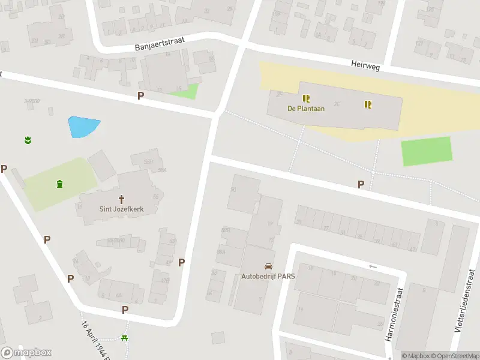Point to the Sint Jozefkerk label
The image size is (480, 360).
click(121, 209)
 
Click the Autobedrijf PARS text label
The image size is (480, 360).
click(268, 277)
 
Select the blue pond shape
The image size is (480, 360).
click(82, 126)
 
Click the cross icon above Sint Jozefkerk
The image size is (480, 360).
click(121, 199)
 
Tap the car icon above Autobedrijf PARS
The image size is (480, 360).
click(268, 266)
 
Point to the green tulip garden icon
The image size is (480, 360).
click(27, 140)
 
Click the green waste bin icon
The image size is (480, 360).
click(59, 184)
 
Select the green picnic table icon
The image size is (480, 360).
click(125, 338)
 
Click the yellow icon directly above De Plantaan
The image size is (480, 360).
click(306, 98)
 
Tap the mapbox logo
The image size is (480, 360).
click(26, 352)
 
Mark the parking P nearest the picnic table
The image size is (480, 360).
click(125, 310)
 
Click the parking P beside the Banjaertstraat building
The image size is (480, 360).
click(141, 95)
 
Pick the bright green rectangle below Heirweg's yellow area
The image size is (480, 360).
click(426, 151)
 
